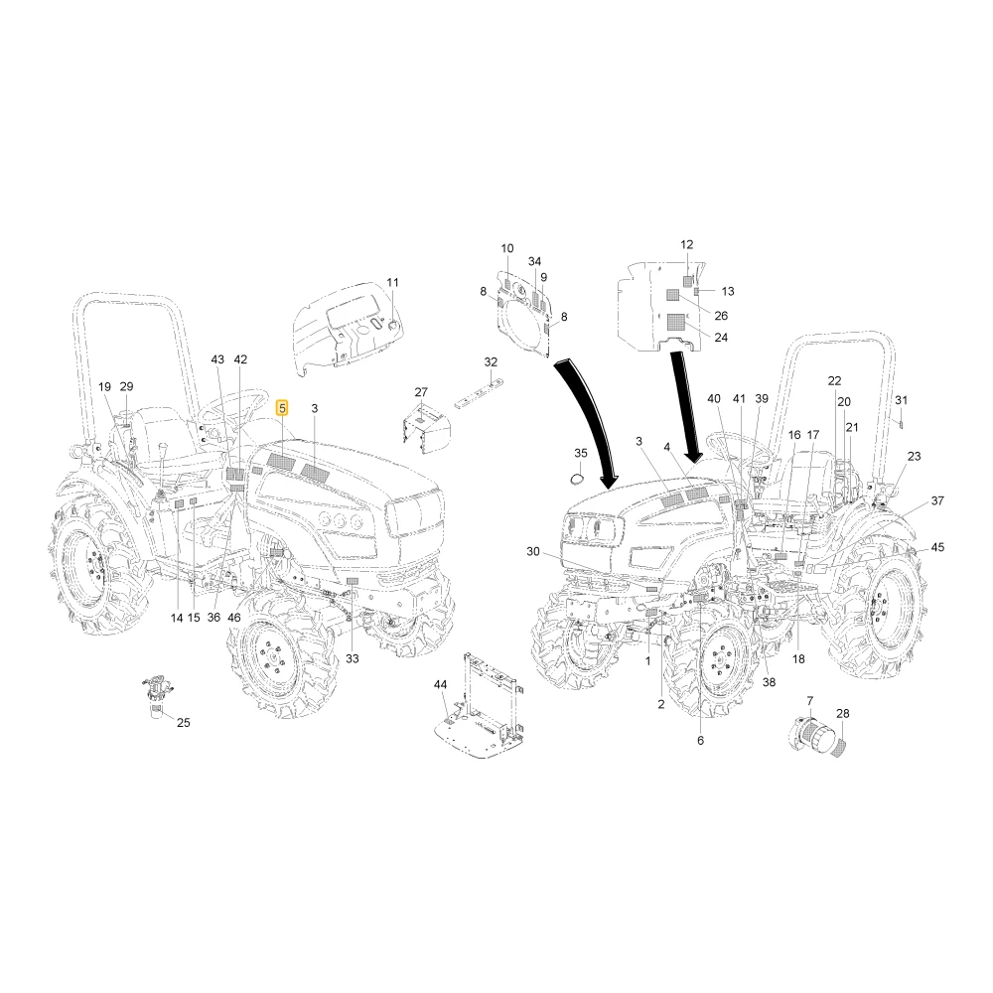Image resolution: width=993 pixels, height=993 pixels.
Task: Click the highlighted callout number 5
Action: pyautogui.click(x=282, y=408)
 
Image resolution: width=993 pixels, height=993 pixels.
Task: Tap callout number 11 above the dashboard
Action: pyautogui.click(x=392, y=282)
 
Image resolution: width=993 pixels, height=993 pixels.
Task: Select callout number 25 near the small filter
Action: pyautogui.click(x=183, y=723)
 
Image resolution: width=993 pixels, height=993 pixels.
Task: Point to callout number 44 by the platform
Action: pyautogui.click(x=440, y=684)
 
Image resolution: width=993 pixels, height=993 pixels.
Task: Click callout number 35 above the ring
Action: pyautogui.click(x=581, y=453)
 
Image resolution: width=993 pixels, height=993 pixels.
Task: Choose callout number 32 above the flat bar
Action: pyautogui.click(x=491, y=361)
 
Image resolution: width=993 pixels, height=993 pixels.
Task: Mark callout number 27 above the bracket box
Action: pyautogui.click(x=421, y=392)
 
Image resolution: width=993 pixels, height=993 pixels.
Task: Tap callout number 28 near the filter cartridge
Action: pyautogui.click(x=842, y=713)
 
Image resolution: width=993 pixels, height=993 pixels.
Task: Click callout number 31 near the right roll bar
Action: pyautogui.click(x=902, y=399)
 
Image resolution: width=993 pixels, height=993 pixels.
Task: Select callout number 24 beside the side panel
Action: pyautogui.click(x=721, y=338)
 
